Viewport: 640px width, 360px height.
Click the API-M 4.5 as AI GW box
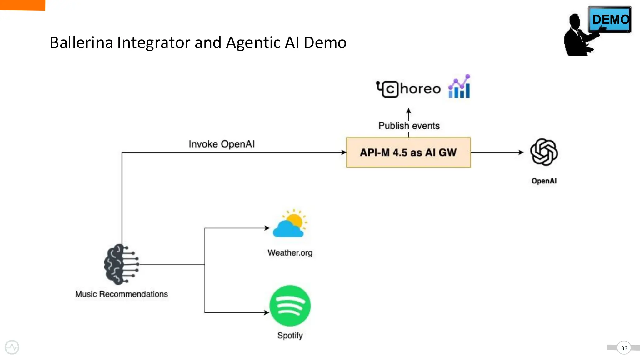pyautogui.click(x=408, y=152)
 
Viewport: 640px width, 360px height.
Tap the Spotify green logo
pyautogui.click(x=290, y=306)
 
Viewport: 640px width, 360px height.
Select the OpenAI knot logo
pyautogui.click(x=544, y=152)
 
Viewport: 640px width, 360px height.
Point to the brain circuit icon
pyautogui.click(x=121, y=264)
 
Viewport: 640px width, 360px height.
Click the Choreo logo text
pyautogui.click(x=409, y=89)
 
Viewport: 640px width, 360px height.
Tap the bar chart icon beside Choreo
pyautogui.click(x=459, y=87)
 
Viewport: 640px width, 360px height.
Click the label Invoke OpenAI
pyautogui.click(x=222, y=144)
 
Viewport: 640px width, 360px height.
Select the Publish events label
pyautogui.click(x=409, y=126)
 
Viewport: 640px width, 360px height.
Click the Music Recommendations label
pyautogui.click(x=121, y=294)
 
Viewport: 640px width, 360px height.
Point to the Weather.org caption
pyautogui.click(x=290, y=252)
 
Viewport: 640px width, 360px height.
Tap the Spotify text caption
pyautogui.click(x=290, y=335)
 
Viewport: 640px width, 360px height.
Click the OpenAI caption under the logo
pyautogui.click(x=544, y=181)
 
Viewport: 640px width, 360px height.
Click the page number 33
pyautogui.click(x=624, y=348)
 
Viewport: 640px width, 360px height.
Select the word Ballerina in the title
pyautogui.click(x=81, y=42)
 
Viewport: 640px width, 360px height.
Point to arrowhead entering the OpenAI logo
pyautogui.click(x=521, y=152)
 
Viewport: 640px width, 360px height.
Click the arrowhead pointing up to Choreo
pyautogui.click(x=408, y=111)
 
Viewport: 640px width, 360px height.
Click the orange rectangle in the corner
pyautogui.click(x=22, y=5)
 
